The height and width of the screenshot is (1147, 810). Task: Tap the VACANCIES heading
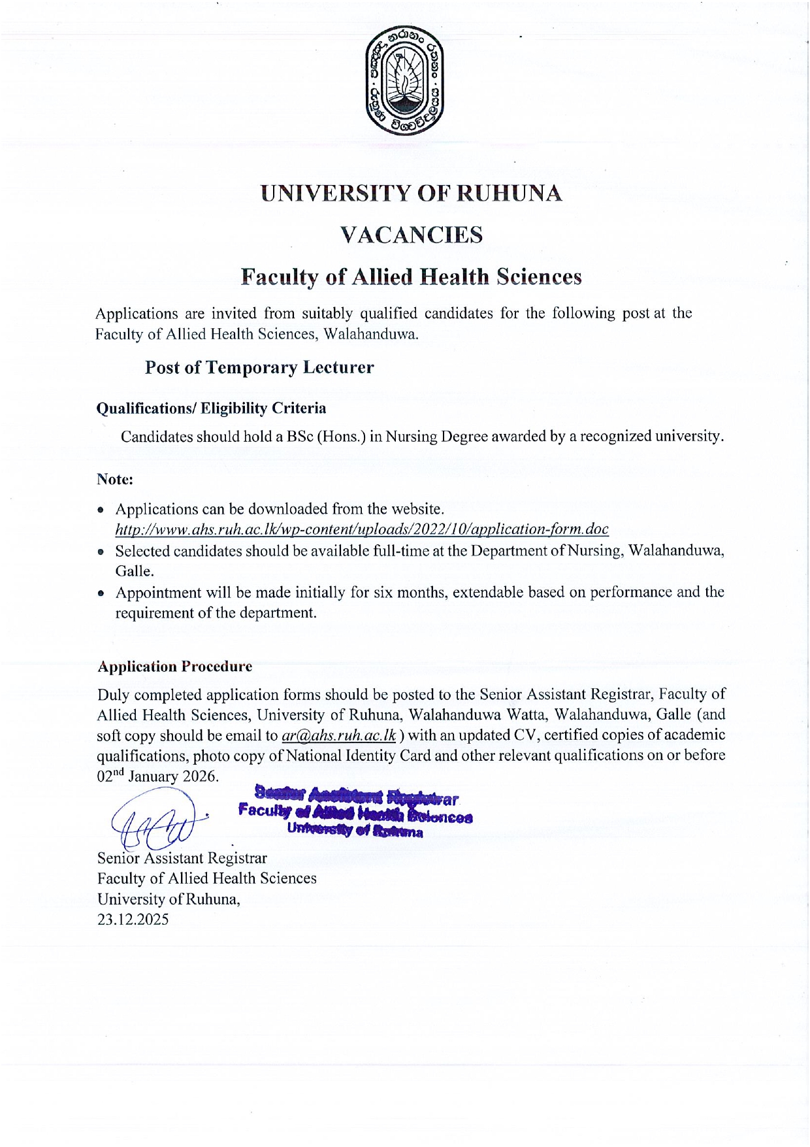(412, 235)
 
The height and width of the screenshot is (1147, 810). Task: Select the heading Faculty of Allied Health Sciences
(411, 277)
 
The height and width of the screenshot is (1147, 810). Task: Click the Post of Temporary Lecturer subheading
(259, 367)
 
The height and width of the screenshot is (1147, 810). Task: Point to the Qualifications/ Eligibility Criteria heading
(211, 408)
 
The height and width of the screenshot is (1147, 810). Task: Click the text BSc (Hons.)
(325, 437)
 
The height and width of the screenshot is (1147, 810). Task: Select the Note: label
(115, 479)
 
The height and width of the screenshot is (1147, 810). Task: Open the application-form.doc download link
(362, 529)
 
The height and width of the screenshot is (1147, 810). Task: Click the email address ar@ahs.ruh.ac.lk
(339, 735)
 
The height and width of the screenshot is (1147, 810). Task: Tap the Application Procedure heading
(174, 667)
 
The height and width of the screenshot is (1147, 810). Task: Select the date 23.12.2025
(133, 920)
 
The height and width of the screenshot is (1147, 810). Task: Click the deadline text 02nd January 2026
(157, 776)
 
